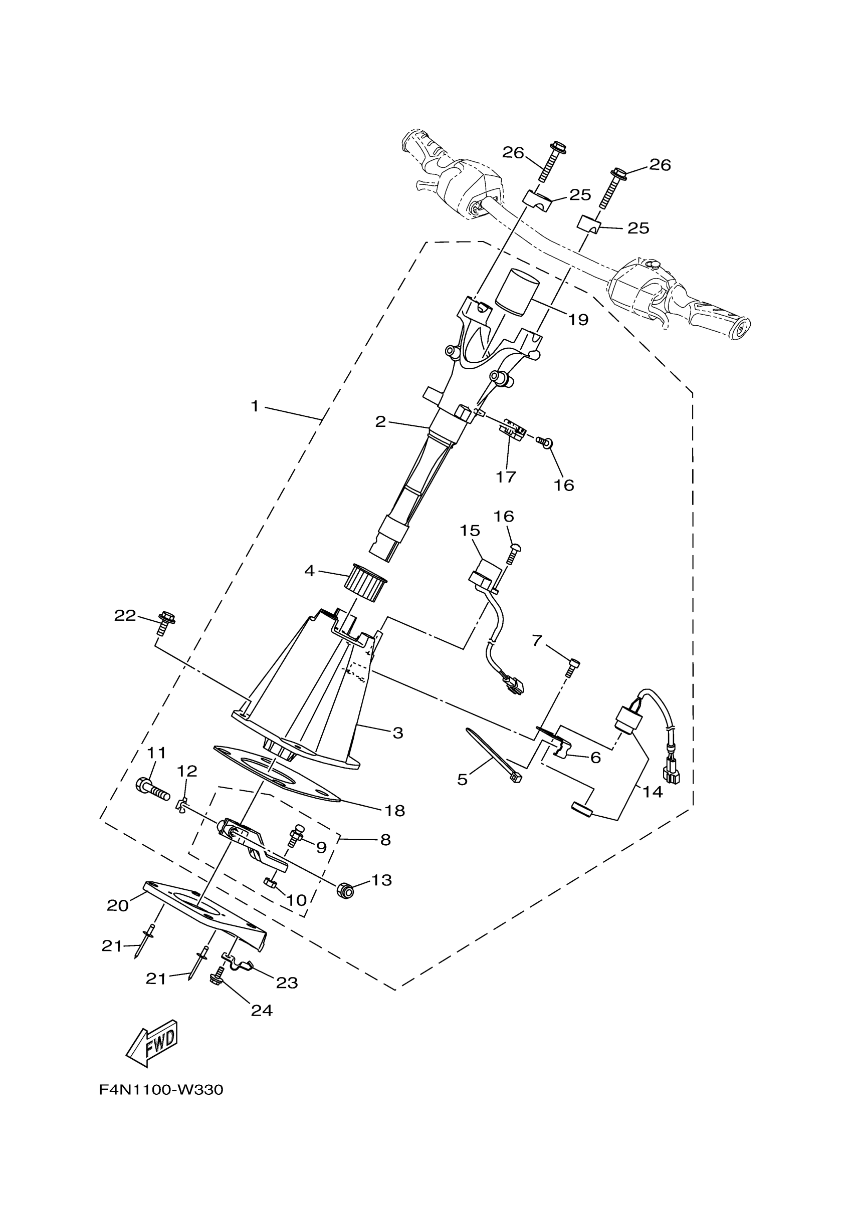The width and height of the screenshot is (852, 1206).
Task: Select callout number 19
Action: coord(578,319)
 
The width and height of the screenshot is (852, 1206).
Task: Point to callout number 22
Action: coord(125,616)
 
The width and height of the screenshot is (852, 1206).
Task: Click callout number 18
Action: coord(394,811)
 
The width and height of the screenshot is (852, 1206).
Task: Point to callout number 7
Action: coord(536,641)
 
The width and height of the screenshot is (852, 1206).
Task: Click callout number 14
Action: coord(653,792)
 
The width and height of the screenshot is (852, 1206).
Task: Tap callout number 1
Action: coord(255,406)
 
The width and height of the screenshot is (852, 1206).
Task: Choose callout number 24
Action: coord(262,1010)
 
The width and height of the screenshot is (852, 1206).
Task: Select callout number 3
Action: coord(397,733)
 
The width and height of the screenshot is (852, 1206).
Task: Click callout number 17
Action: coord(506,476)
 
